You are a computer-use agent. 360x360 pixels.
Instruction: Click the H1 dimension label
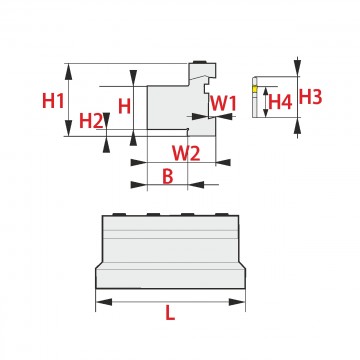point(53,100)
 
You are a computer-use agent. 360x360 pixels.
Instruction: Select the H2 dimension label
point(91,121)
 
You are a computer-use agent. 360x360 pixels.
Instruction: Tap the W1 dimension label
point(223,103)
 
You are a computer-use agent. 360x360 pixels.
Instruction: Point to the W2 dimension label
point(186,153)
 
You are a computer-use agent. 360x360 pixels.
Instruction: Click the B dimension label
point(168,176)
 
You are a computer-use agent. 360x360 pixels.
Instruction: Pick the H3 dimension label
point(310,97)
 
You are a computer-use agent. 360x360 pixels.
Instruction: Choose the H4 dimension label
point(280,102)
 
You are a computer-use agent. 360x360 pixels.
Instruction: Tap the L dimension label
point(170,313)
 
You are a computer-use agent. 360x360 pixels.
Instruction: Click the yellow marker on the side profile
point(254,89)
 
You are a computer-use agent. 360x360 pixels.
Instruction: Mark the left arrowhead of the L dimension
point(104,302)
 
